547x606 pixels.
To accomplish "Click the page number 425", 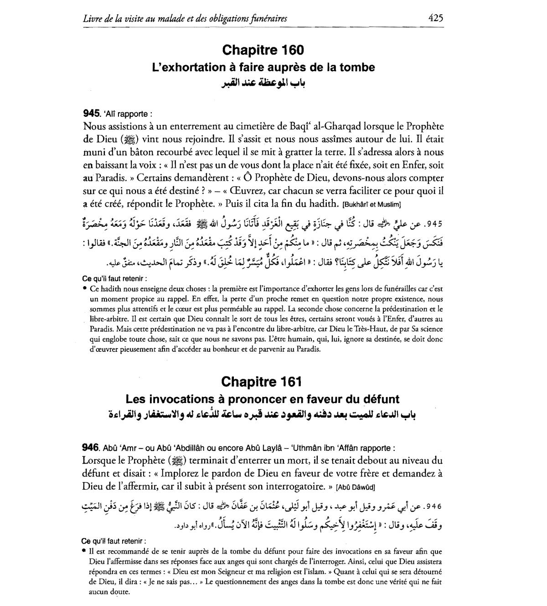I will (436, 18).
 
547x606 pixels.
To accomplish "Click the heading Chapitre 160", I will (263, 50).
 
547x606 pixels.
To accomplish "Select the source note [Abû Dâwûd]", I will (355, 487).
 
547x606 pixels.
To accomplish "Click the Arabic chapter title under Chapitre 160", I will (263, 83).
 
